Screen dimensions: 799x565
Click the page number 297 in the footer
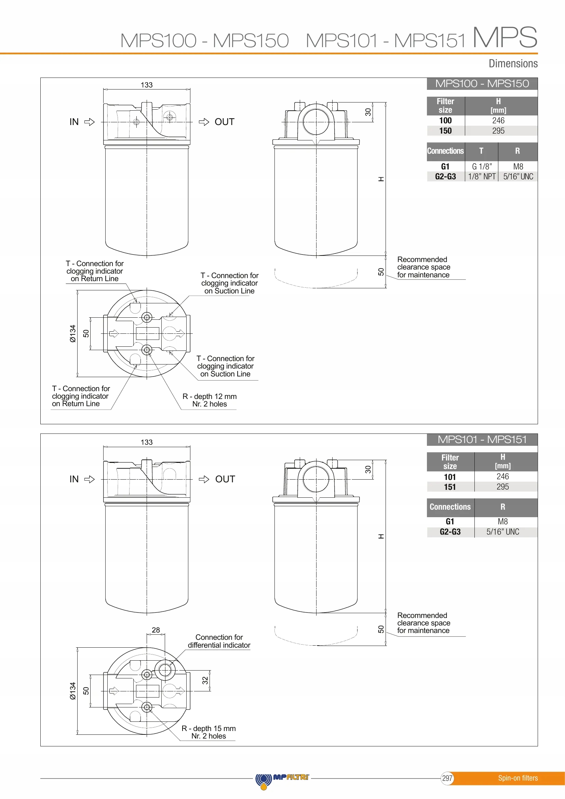pos(447,778)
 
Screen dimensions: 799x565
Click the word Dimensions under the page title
pos(513,64)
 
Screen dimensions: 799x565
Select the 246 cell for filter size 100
pos(498,121)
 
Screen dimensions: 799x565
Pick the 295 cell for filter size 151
pos(502,487)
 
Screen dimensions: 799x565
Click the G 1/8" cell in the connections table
pos(482,167)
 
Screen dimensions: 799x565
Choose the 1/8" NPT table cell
pos(482,177)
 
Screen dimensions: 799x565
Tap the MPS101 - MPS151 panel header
pos(482,440)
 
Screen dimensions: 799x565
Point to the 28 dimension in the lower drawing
pos(156,630)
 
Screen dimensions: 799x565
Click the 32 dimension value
pos(205,680)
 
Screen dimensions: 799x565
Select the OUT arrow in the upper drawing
pos(204,122)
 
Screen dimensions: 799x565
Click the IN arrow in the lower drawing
pos(90,479)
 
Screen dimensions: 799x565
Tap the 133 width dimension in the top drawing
pos(147,85)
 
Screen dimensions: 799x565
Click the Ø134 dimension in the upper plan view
pos(72,334)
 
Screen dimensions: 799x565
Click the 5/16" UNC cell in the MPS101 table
pos(502,532)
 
